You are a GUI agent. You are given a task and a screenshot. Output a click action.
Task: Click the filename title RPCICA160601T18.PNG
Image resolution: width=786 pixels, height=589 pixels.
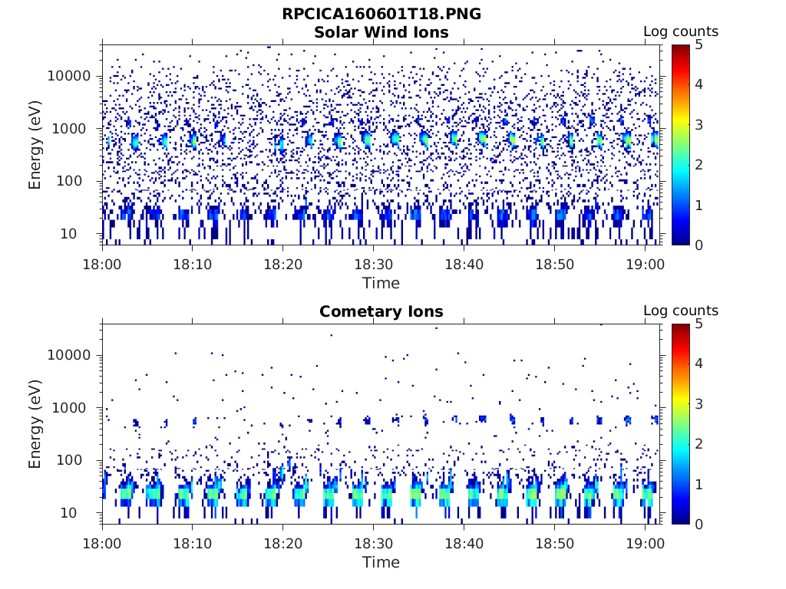[x=381, y=14]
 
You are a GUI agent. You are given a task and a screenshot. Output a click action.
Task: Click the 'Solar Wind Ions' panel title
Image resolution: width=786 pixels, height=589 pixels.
[x=381, y=32]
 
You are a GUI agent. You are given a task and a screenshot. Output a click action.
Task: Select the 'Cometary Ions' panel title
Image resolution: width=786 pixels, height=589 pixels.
[x=381, y=311]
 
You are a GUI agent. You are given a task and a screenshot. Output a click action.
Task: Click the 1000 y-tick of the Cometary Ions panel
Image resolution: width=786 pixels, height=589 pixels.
[x=73, y=408]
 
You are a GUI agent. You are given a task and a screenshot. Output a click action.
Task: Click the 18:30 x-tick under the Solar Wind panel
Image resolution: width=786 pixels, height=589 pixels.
[x=373, y=264]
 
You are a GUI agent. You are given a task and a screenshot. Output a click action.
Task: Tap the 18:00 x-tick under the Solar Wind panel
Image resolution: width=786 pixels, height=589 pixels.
[x=103, y=264]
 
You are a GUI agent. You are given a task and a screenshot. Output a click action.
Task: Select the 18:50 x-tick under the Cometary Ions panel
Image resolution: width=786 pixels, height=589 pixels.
[x=554, y=543]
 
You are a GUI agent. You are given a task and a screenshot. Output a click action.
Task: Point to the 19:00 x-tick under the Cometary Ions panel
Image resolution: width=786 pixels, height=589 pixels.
[x=645, y=543]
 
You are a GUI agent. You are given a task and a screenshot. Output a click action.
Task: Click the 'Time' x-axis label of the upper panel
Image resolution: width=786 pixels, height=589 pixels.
[x=381, y=283]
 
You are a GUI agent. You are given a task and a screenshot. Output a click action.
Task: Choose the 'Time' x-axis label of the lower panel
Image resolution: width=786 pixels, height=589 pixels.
[x=381, y=562]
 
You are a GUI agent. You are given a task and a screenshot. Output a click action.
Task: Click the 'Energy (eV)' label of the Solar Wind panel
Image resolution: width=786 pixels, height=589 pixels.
[x=35, y=144]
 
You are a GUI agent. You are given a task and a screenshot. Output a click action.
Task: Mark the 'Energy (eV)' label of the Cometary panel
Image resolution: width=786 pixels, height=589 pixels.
[x=35, y=423]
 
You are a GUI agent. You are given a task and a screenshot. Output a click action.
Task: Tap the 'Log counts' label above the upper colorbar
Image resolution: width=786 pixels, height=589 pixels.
[x=681, y=31]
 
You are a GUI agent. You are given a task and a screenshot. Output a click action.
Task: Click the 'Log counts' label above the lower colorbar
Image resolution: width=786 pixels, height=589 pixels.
[x=681, y=311]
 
